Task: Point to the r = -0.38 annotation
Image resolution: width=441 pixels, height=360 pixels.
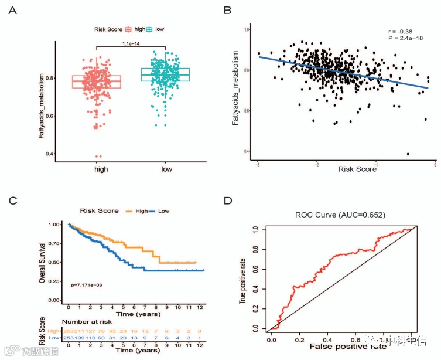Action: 404,31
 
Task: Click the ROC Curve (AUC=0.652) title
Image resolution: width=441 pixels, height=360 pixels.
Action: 340,215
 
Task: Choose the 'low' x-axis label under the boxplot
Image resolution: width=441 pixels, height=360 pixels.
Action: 165,169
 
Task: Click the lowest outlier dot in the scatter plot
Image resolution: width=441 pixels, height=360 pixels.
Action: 408,154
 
